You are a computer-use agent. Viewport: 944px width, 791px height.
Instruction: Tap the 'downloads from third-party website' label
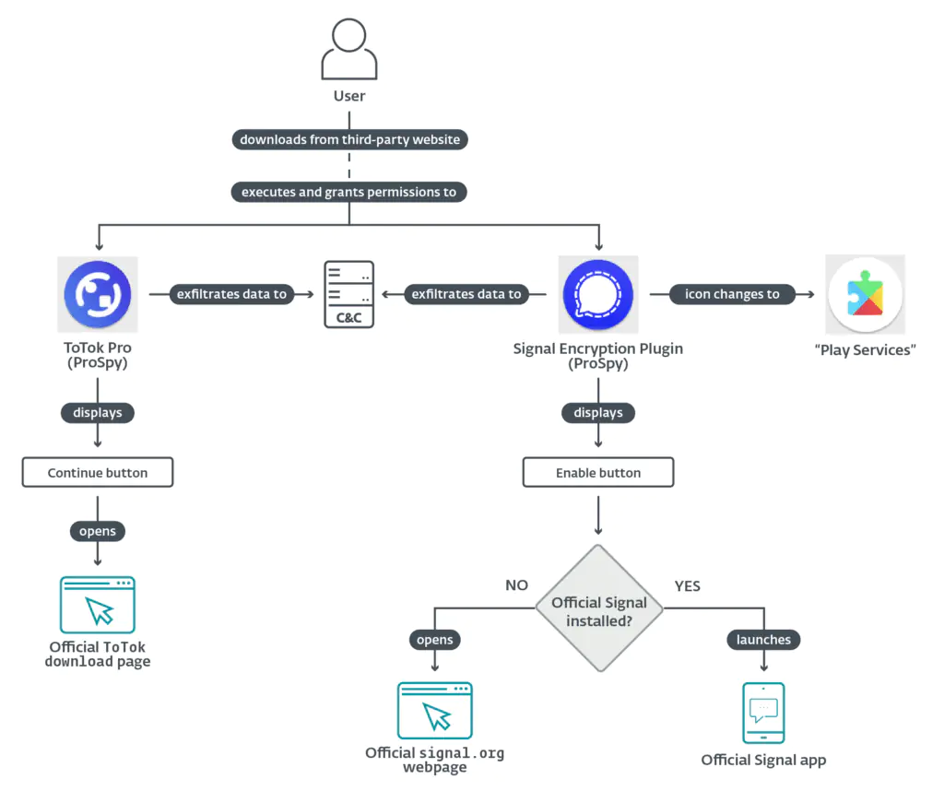coord(349,140)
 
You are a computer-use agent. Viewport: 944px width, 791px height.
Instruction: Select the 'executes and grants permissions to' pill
coord(349,192)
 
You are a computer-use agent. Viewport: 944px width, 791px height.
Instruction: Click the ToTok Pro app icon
coord(98,295)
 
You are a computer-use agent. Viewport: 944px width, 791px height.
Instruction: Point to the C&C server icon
coord(349,295)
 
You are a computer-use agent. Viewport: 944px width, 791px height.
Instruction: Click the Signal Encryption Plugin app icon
coord(598,295)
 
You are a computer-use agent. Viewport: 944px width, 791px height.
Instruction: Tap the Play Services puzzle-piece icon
coord(864,295)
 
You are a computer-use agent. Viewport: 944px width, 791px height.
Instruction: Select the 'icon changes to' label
coord(732,294)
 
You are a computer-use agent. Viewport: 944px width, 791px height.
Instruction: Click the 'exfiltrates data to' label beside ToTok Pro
coord(230,294)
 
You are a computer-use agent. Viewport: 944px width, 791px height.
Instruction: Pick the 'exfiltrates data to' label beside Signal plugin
coord(466,294)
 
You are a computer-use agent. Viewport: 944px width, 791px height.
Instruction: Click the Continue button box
coord(98,473)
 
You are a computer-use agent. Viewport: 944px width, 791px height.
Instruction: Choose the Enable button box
coord(598,473)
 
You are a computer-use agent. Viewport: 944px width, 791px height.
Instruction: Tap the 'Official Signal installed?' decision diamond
coord(599,609)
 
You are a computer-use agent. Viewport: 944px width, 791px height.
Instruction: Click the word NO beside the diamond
coord(517,584)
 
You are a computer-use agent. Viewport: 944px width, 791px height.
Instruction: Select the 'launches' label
coord(763,639)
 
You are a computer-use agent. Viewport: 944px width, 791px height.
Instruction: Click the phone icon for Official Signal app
coord(763,713)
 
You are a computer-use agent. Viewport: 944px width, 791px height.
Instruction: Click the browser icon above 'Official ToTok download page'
coord(98,605)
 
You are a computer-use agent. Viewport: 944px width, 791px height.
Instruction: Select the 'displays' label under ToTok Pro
coord(98,412)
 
